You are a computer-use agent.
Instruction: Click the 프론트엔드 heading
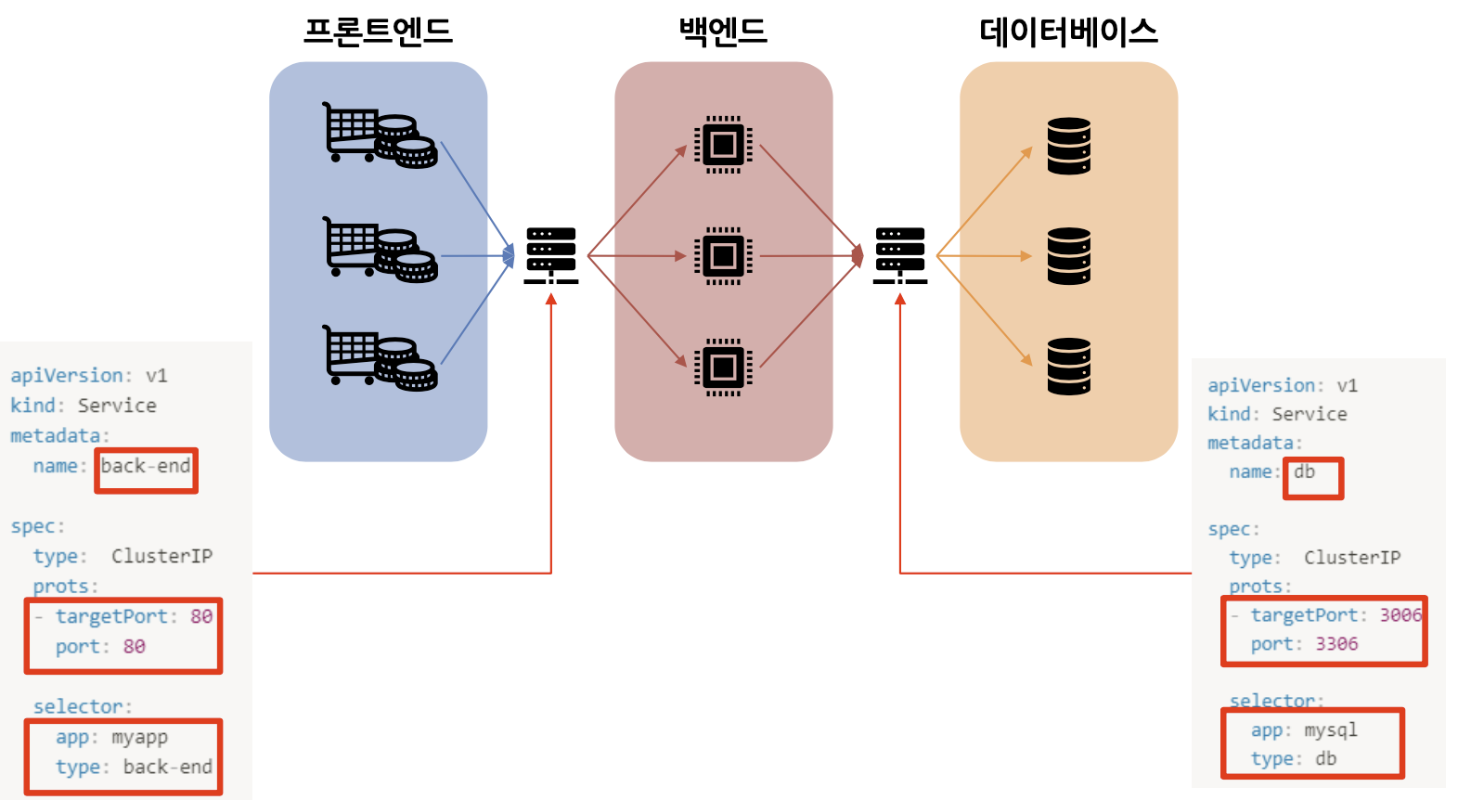pos(378,31)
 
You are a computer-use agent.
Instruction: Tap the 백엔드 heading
pos(723,31)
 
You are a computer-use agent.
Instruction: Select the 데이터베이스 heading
pos(1068,32)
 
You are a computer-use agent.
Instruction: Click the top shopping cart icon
pos(379,135)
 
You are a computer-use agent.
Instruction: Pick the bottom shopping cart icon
pos(379,357)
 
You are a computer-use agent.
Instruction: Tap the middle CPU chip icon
pos(723,255)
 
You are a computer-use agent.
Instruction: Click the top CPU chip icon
pos(723,145)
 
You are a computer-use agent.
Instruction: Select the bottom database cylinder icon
pos(1068,367)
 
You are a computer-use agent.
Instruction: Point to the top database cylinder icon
pos(1068,146)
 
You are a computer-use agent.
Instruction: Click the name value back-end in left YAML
pos(146,466)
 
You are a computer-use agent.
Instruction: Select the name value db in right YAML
pos(1304,471)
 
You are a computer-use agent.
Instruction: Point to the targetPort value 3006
pos(1400,614)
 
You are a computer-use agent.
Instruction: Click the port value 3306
pos(1336,644)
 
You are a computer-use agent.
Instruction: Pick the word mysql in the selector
pos(1330,730)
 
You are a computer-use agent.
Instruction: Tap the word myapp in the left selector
pos(139,738)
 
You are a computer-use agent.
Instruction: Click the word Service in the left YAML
pos(117,406)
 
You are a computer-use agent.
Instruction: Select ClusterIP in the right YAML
pos(1351,557)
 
